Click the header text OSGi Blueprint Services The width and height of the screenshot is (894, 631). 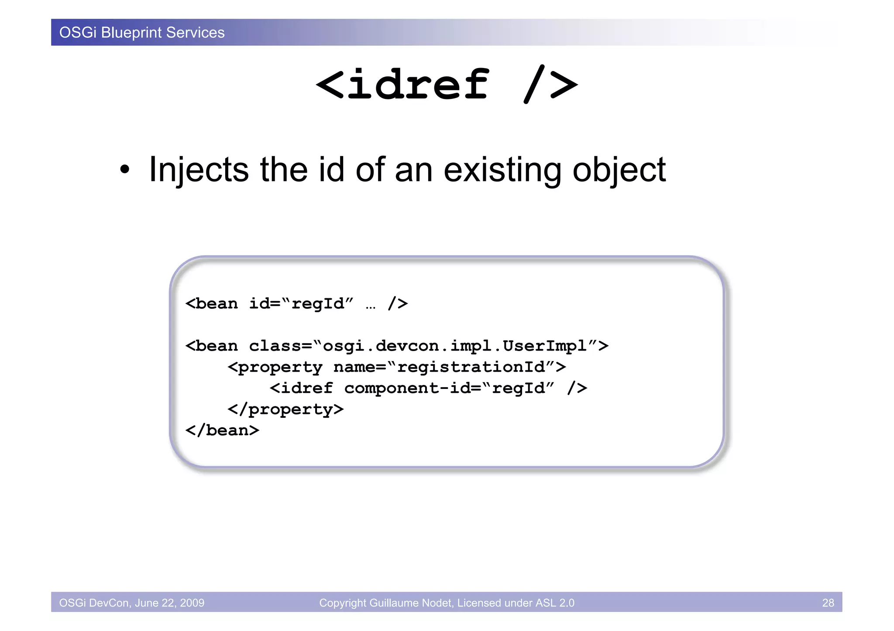(x=142, y=33)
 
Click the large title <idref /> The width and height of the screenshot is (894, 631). (x=447, y=85)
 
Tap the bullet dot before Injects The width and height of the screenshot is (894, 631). (x=125, y=170)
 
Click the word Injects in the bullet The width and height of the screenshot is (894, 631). (x=199, y=170)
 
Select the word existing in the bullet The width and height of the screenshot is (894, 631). (x=502, y=170)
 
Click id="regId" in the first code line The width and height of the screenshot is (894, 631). (x=301, y=304)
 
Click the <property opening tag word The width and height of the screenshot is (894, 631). (x=275, y=367)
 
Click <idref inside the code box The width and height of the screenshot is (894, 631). (x=301, y=388)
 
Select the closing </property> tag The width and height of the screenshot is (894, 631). (x=285, y=409)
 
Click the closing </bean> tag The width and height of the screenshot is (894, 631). (x=222, y=430)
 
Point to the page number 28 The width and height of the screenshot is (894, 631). (x=828, y=603)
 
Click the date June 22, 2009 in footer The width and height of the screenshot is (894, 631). (x=169, y=603)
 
